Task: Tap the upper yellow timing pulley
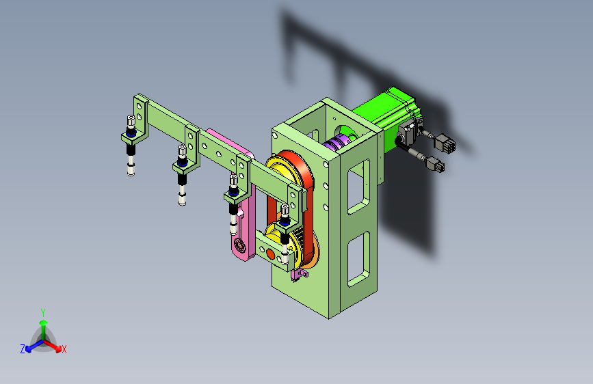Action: [282, 170]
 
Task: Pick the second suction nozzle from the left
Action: [183, 175]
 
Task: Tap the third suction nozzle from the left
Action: [234, 204]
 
